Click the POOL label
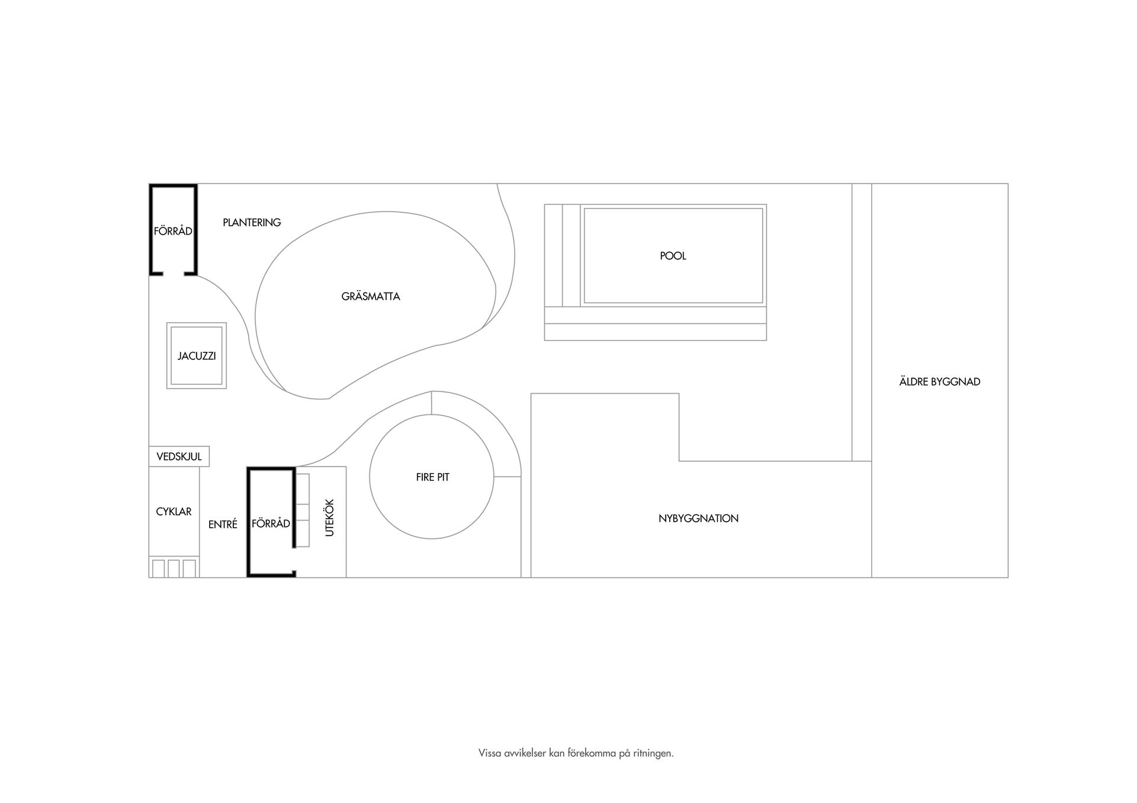click(x=673, y=256)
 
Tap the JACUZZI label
click(x=197, y=356)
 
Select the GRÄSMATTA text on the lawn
click(x=371, y=296)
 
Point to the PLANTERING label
click(x=252, y=223)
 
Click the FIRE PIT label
click(x=432, y=477)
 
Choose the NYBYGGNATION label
click(x=698, y=518)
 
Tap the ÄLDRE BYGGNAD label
click(x=939, y=381)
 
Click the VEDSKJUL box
click(x=179, y=457)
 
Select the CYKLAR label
click(x=174, y=512)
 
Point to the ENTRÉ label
click(x=223, y=524)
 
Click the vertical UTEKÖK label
click(x=330, y=518)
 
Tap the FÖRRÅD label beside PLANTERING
click(x=173, y=231)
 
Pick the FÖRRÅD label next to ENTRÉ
click(x=271, y=523)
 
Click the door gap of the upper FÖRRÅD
click(x=173, y=274)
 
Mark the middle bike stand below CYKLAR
click(x=174, y=568)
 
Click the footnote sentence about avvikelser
click(x=576, y=754)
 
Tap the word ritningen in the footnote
click(x=654, y=754)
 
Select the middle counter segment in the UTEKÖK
click(x=303, y=512)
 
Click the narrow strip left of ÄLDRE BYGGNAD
click(x=862, y=322)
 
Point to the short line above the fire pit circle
click(x=432, y=403)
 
